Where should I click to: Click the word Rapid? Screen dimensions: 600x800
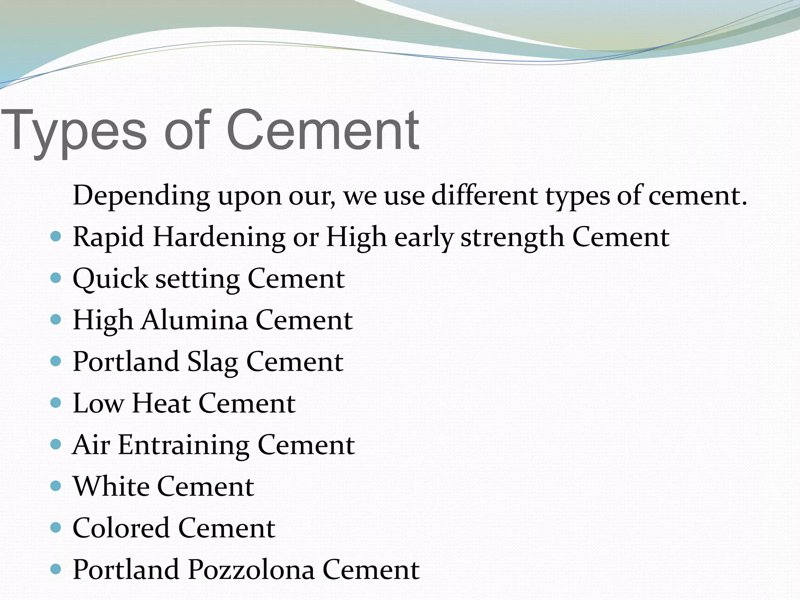coord(108,237)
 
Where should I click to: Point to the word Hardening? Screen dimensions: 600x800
coord(219,237)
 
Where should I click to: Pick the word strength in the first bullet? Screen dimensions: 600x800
coord(512,237)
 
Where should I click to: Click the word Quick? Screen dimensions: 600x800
coord(110,279)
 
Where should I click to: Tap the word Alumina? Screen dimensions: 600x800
coord(194,320)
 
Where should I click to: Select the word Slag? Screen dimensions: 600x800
coord(212,362)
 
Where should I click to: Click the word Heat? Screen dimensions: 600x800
coord(161,403)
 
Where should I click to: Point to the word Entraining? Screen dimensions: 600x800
coord(184,445)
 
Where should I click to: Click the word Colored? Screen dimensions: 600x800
coord(121,528)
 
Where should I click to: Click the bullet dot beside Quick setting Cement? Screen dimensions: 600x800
coord(56,278)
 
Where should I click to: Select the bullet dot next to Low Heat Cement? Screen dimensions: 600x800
coord(56,403)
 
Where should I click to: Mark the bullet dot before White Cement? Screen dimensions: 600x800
coord(56,486)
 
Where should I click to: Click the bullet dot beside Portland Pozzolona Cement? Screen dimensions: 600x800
coord(56,569)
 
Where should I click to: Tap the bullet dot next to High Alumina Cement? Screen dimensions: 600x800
coord(56,320)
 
